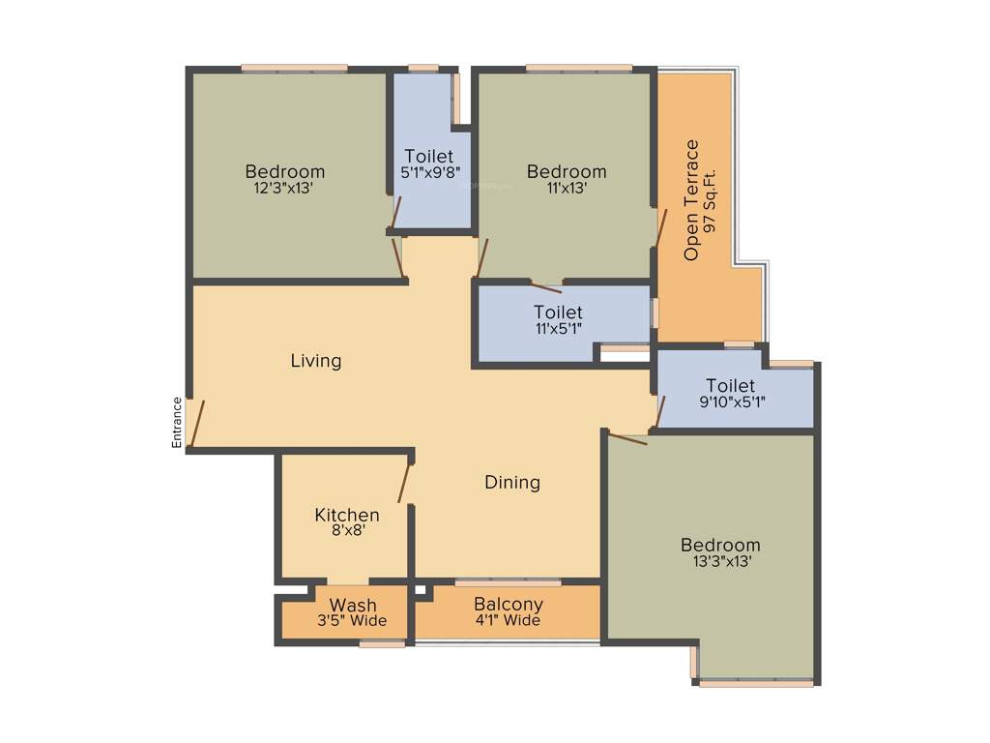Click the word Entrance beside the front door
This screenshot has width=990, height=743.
[x=177, y=422]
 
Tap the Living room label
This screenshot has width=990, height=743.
[x=316, y=361]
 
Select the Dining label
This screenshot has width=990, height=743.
[x=511, y=482]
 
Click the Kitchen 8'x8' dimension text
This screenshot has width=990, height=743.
[x=346, y=530]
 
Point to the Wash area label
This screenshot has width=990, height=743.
[x=353, y=606]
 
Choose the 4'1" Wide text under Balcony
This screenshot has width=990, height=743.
[x=508, y=620]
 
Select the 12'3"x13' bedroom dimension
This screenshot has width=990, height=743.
[x=283, y=189]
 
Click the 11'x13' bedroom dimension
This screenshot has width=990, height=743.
[x=567, y=189]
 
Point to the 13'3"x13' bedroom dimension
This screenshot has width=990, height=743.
[x=719, y=560]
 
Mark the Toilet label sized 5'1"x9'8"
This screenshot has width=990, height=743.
[x=429, y=156]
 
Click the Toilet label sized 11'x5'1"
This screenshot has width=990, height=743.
[x=558, y=312]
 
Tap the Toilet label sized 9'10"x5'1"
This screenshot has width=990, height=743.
[x=730, y=386]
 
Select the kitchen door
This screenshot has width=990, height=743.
[x=406, y=483]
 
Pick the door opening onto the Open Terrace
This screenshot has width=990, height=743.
[x=661, y=227]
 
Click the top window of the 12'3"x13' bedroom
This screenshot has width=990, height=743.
[x=294, y=68]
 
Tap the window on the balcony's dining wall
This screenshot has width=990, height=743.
[x=508, y=582]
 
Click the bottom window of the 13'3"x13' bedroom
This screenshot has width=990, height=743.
[x=756, y=683]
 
